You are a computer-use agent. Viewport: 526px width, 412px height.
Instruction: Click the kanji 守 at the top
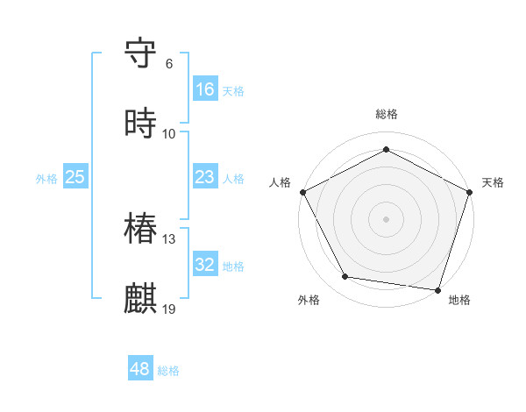pos(141,53)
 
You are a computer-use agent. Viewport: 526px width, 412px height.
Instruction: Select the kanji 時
pos(141,124)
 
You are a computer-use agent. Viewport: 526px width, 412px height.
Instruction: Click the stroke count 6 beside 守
pos(169,64)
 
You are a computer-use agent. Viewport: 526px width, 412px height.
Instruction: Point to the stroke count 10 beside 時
pos(169,134)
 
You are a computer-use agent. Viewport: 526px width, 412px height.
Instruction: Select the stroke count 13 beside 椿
pos(169,239)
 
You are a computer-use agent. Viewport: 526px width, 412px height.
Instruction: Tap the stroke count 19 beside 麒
pos(169,309)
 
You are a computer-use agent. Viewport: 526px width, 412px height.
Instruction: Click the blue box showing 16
pos(204,89)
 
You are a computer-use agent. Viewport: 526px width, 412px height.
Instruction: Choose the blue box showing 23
pos(204,177)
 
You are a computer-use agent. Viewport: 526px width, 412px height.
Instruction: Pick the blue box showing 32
pos(204,265)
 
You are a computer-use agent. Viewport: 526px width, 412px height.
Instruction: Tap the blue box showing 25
pos(75,177)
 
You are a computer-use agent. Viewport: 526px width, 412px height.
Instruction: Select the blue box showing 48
pos(139,369)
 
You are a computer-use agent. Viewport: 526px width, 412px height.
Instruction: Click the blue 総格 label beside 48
pos(168,371)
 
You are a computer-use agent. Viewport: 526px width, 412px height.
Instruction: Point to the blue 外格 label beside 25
pos(46,179)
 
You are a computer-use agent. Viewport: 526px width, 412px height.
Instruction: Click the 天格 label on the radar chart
pos(493,182)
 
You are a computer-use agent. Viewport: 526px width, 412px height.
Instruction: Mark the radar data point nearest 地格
pos(437,289)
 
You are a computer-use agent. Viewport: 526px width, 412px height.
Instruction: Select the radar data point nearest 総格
pos(386,149)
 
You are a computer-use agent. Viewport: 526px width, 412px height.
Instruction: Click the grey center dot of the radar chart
pos(386,218)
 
